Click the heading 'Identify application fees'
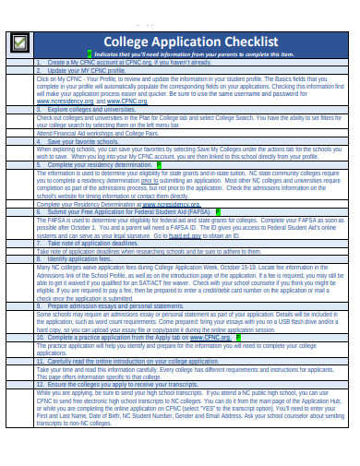pos(84,259)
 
